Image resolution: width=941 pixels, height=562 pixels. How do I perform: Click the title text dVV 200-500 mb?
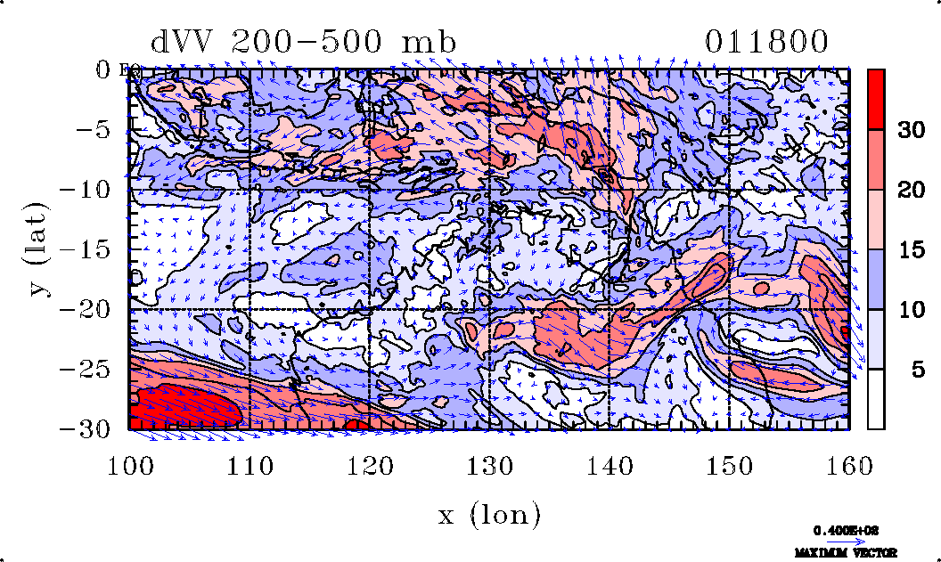point(303,43)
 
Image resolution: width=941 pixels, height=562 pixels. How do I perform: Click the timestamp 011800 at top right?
point(766,43)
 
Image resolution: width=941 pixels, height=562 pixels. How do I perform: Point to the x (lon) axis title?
point(489,514)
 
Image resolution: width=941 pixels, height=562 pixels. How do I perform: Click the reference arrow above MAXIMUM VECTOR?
point(839,541)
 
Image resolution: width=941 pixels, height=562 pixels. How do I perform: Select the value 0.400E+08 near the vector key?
point(840,530)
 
